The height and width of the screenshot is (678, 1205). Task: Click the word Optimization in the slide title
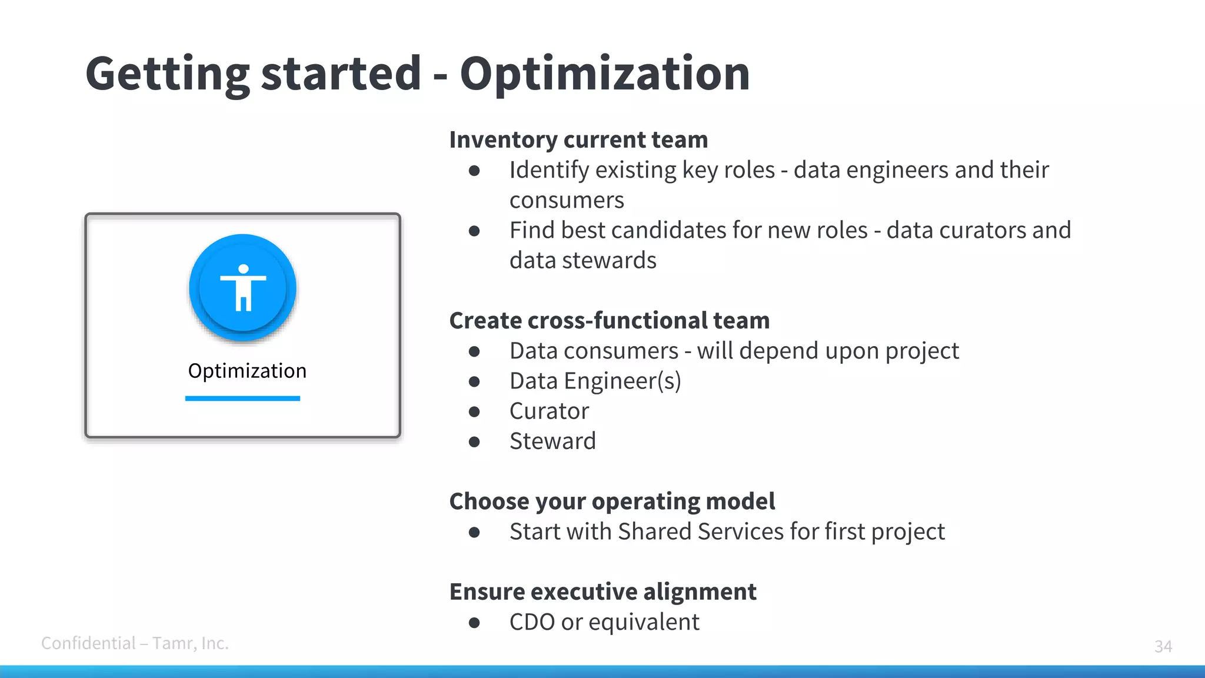point(604,75)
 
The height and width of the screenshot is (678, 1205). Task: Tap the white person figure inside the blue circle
point(243,288)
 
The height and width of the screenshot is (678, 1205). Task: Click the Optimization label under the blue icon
point(247,371)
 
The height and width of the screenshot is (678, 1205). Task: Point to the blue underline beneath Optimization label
point(242,398)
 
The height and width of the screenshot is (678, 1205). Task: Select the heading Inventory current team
point(578,140)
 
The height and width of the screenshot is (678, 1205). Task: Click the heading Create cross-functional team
point(609,321)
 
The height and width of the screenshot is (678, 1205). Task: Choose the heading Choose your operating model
point(612,501)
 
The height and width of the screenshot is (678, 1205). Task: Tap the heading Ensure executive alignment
point(602,591)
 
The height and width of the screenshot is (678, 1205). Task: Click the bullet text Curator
point(549,411)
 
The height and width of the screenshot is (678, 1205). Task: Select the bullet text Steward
point(552,441)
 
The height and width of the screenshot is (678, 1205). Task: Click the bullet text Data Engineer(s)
point(595,381)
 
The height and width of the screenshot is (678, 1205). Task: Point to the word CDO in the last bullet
point(532,622)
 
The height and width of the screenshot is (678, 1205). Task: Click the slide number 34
point(1163,646)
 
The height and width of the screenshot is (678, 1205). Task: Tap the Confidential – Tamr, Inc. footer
point(135,643)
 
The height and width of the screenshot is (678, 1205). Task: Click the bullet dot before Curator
point(474,411)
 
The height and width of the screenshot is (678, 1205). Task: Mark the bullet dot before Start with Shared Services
point(474,532)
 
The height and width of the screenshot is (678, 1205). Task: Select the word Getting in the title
point(168,75)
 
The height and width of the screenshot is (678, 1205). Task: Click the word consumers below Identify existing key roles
point(566,200)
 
